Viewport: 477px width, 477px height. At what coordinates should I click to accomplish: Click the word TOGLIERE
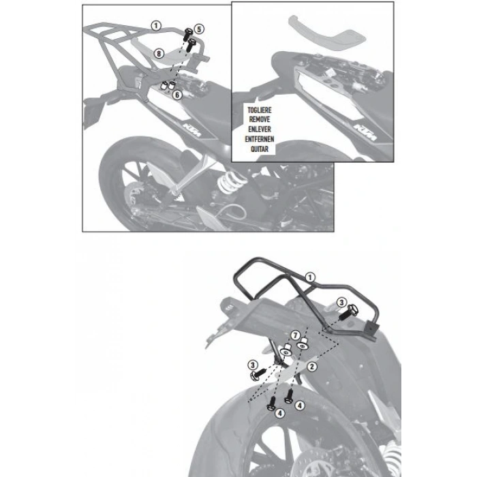tap(260, 110)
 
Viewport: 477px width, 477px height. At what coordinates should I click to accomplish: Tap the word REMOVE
tap(260, 119)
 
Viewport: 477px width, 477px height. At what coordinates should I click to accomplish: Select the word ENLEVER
tap(260, 129)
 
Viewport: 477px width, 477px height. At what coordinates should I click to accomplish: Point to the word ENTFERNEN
tap(260, 139)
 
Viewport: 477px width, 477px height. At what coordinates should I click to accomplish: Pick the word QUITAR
tap(260, 149)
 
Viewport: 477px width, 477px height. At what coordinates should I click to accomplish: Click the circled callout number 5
tap(199, 29)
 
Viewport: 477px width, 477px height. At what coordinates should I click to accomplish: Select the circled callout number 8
tap(159, 54)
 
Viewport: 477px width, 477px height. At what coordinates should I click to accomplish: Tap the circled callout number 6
tap(177, 95)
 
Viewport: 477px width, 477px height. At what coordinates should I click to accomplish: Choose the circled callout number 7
tap(295, 335)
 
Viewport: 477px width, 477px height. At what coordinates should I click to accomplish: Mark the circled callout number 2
tap(312, 367)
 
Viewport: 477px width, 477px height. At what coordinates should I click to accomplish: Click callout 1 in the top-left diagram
tap(156, 26)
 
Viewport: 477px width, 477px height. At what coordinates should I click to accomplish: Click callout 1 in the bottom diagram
tap(309, 277)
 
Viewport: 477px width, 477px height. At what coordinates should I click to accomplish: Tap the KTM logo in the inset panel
tap(365, 132)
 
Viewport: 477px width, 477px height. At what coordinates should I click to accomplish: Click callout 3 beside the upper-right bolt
tap(341, 303)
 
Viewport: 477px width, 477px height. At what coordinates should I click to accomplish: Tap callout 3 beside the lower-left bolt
tap(253, 365)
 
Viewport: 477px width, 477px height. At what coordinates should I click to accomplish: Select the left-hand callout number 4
tap(279, 413)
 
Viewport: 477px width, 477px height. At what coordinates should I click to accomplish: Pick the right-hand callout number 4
tap(300, 405)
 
